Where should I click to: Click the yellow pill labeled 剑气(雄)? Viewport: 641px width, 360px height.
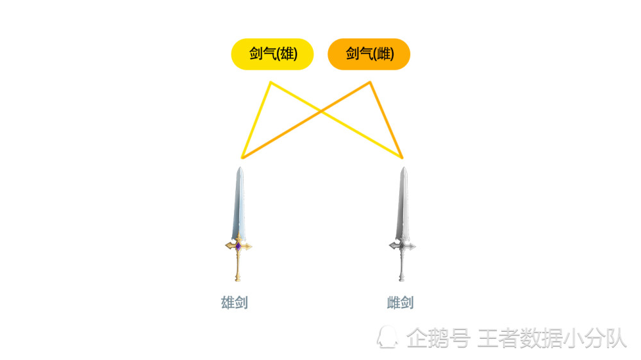tap(272, 54)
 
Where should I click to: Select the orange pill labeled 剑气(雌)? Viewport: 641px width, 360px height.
tap(369, 54)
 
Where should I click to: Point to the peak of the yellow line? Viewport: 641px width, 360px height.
tap(271, 83)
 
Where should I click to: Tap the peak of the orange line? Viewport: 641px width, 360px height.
tap(370, 83)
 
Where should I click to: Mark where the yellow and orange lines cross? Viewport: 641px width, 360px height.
tap(320, 111)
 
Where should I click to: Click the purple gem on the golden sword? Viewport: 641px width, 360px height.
tap(238, 246)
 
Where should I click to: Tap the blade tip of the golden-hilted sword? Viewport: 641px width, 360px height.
tap(240, 167)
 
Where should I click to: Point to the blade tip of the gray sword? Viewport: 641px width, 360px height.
tap(404, 167)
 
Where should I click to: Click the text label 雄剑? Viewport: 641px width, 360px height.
tap(234, 303)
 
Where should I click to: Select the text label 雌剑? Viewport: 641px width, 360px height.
tap(400, 303)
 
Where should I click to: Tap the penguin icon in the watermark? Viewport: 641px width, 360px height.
tap(387, 338)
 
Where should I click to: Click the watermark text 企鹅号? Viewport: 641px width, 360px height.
tap(438, 338)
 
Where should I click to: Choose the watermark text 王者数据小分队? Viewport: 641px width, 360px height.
tap(552, 338)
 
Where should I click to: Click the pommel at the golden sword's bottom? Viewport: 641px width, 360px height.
tap(238, 279)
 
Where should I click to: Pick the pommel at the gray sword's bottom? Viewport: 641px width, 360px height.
tap(402, 279)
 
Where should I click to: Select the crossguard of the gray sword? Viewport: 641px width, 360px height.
tap(403, 246)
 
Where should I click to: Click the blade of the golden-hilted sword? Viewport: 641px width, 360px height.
tap(239, 203)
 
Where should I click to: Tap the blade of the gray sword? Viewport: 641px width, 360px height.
tap(403, 203)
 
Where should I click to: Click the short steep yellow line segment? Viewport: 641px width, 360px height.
tap(256, 120)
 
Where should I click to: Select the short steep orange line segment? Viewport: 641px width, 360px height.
tap(386, 120)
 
